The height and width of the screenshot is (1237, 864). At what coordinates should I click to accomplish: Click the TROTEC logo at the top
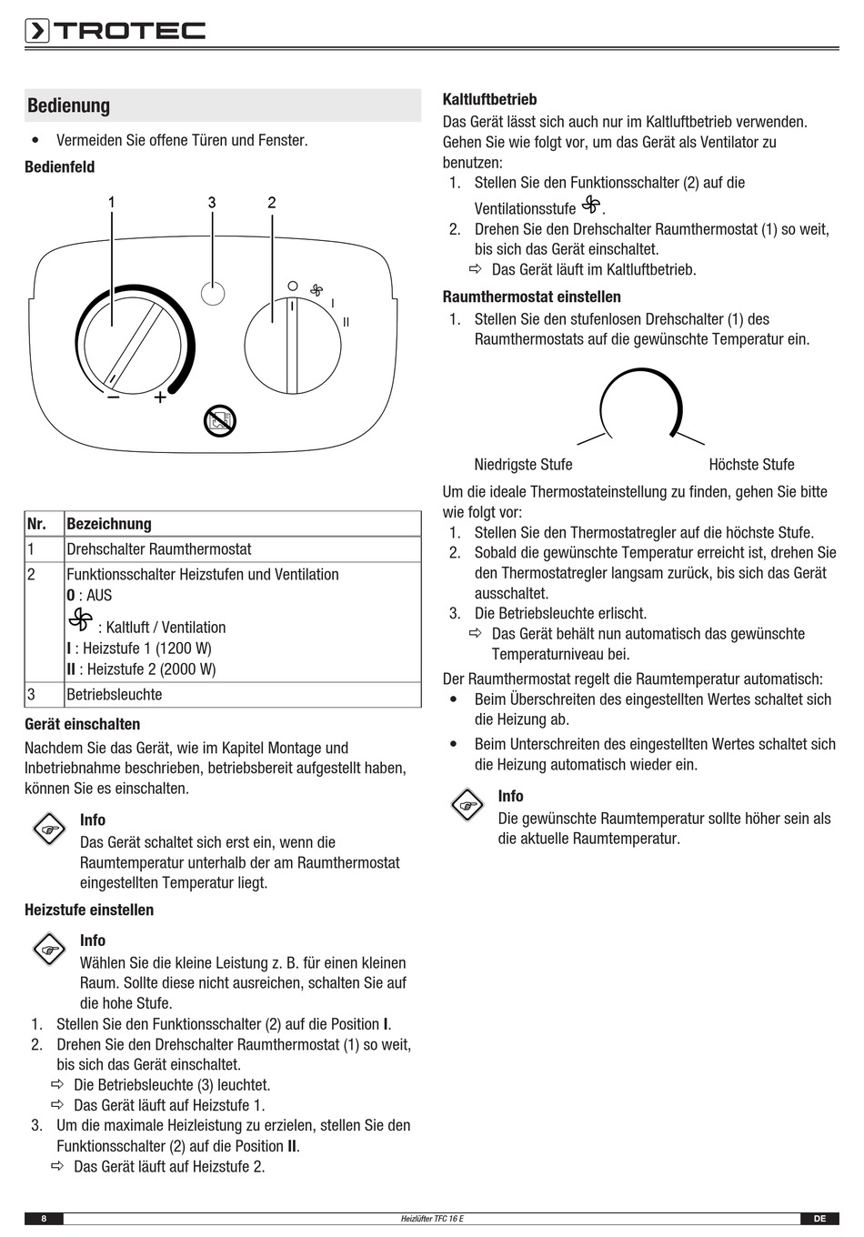116,31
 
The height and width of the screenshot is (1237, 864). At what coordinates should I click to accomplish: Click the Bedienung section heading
69,106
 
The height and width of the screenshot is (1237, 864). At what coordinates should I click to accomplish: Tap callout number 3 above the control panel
212,203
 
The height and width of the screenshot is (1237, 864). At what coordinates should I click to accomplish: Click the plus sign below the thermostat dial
160,397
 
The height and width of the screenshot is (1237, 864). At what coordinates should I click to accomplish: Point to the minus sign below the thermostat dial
114,397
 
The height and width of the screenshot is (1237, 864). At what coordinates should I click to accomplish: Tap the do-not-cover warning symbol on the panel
220,420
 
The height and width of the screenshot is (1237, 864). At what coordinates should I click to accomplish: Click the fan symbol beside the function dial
316,290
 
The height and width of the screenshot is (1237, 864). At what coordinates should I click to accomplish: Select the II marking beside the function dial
347,322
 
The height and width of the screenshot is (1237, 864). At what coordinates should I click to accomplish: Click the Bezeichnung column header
109,524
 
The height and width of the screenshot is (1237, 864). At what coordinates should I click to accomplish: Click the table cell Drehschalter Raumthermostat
159,549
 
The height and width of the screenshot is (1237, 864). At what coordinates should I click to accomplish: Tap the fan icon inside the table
80,620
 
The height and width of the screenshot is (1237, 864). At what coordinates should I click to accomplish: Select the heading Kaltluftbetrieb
489,99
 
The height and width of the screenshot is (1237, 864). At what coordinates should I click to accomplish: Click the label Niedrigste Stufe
523,465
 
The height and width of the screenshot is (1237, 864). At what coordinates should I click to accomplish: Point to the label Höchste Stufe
751,465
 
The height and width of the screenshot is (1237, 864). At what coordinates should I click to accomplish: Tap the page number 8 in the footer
44,1219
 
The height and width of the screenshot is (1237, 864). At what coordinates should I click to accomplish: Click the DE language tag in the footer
819,1219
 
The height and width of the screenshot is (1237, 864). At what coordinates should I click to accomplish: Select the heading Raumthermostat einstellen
531,297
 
